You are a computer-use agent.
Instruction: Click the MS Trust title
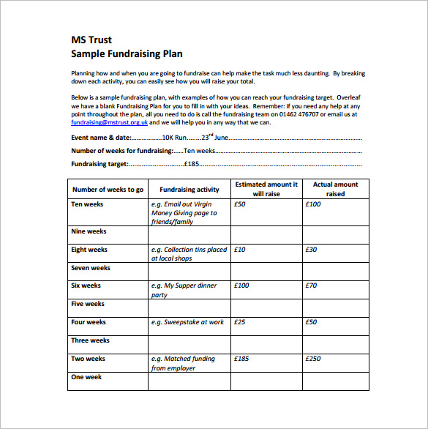(91, 40)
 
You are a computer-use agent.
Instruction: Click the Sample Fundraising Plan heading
(127, 54)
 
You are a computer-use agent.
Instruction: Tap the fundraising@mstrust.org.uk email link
(104, 123)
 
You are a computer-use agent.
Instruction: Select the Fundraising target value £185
(192, 164)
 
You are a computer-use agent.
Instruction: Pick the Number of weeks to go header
(108, 190)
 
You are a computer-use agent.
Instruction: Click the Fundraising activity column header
(189, 190)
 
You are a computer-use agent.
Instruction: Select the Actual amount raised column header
(335, 190)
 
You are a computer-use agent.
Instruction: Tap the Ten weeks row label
(87, 204)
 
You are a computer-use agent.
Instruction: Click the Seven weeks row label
(91, 268)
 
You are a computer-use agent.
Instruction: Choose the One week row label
(86, 377)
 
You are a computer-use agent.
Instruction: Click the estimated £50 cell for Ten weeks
(241, 204)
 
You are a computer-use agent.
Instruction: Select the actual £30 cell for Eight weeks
(311, 250)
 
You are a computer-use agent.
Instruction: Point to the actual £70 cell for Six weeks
(311, 286)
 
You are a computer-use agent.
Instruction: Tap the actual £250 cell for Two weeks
(313, 359)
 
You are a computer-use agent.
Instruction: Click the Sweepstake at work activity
(187, 322)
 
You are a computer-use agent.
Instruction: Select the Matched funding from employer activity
(183, 363)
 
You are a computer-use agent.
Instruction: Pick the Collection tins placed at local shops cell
(189, 254)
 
